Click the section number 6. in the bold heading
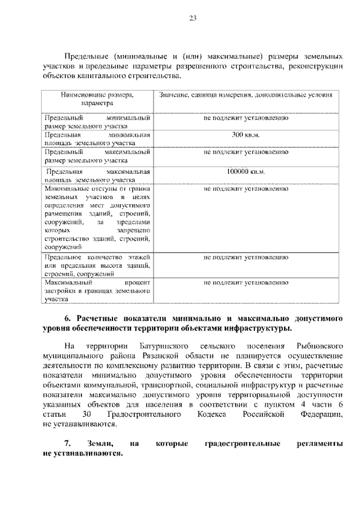coord(67,318)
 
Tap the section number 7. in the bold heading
coord(67,444)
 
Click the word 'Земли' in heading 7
coord(100,444)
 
